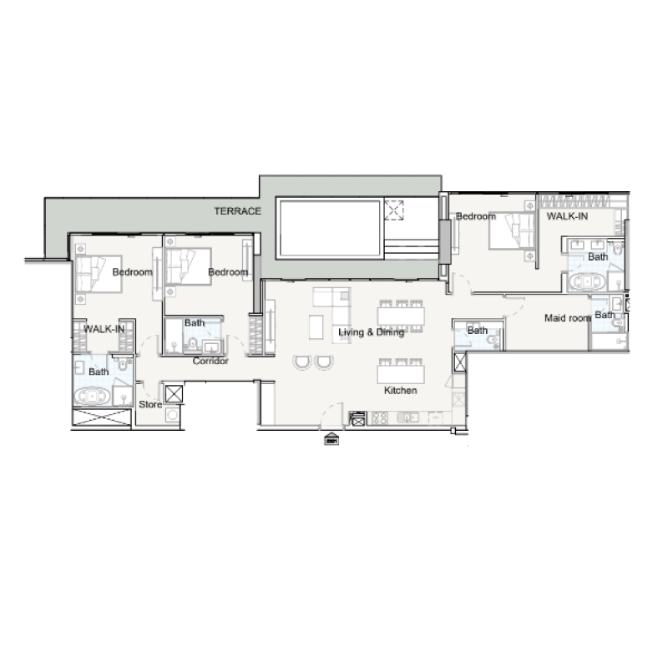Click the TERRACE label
[238, 211]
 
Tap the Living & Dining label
[371, 332]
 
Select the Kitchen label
[400, 390]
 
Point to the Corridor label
[210, 362]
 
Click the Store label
[149, 405]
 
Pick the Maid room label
[568, 318]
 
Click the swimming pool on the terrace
[329, 228]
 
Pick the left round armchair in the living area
[301, 362]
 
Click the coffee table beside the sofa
[315, 327]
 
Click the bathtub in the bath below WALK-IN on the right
[587, 282]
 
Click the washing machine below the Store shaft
[174, 414]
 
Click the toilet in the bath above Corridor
[192, 345]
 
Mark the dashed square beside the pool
[394, 208]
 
